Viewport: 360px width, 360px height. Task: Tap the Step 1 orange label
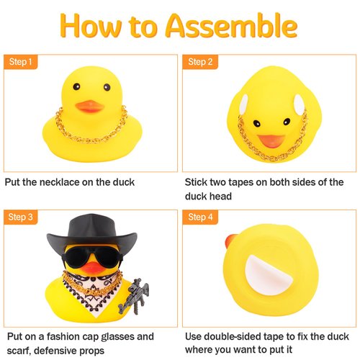click(x=21, y=62)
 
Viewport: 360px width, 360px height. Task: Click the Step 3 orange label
click(x=21, y=216)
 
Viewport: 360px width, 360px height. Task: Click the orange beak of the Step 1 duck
click(x=90, y=107)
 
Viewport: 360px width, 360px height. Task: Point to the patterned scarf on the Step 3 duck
click(x=90, y=295)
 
